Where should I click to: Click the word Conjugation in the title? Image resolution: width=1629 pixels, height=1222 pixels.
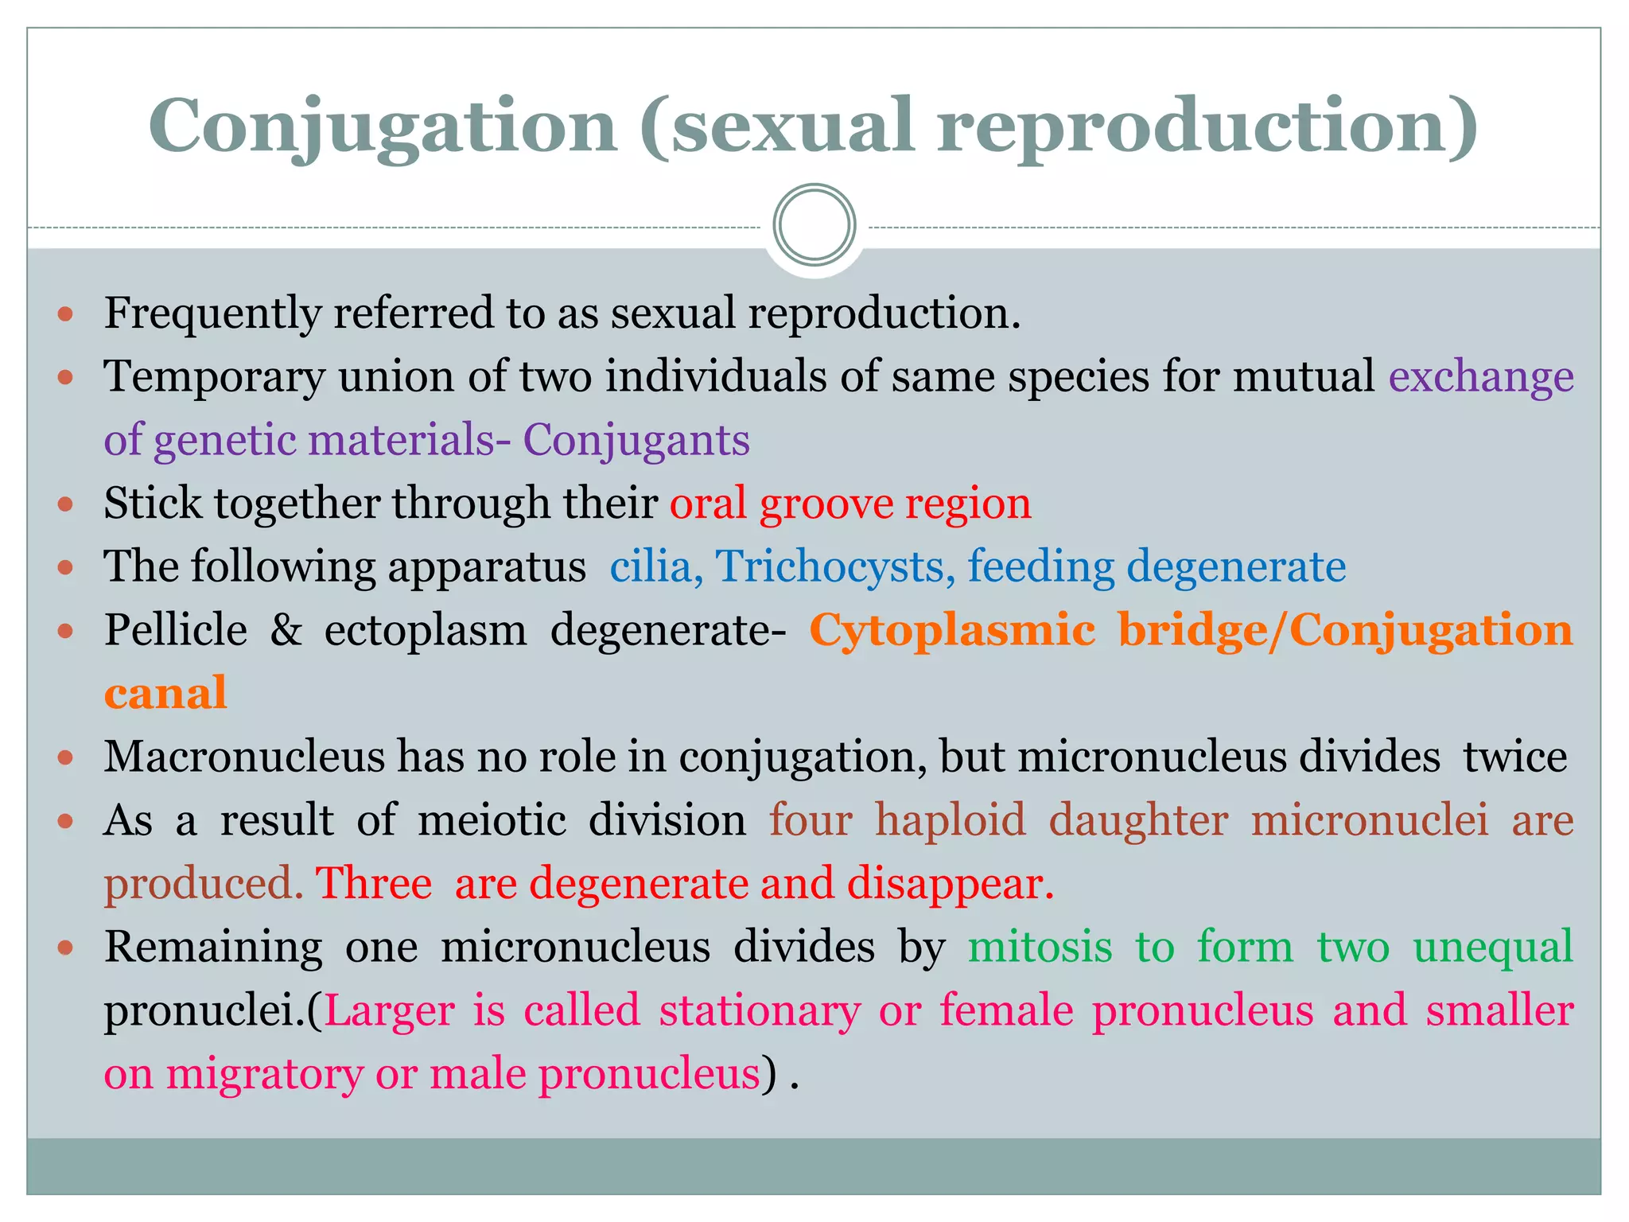[x=383, y=126]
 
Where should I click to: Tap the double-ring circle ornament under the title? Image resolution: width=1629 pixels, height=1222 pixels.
[x=814, y=225]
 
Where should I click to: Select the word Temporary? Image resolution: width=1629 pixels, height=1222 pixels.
[x=214, y=376]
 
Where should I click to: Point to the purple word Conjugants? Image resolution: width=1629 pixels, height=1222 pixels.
[x=636, y=440]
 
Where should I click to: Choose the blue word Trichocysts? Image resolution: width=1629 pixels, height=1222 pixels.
[x=835, y=566]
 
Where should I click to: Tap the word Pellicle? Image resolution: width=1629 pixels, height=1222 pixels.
[x=176, y=629]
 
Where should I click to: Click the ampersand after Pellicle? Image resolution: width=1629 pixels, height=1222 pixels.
[x=286, y=629]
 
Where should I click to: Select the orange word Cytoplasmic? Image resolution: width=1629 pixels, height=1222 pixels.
[x=952, y=629]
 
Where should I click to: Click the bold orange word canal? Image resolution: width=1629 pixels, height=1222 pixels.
[x=165, y=693]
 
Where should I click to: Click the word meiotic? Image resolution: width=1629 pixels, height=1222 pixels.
[x=492, y=819]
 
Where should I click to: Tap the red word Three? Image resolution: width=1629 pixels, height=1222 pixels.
[x=374, y=883]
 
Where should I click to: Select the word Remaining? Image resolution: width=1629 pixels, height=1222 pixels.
[x=213, y=947]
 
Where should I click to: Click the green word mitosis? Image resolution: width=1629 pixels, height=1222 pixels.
[x=1040, y=947]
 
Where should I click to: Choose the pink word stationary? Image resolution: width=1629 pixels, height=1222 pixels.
[x=760, y=1010]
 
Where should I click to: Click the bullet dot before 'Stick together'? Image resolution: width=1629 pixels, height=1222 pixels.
[x=66, y=504]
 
